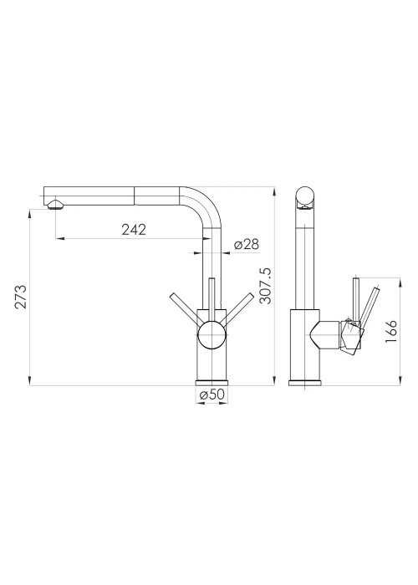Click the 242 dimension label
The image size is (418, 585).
(134, 230)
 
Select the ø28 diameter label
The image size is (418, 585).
(246, 244)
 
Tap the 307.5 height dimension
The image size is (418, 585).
(265, 286)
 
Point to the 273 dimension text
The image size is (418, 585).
(21, 297)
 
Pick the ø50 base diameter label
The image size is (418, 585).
(212, 394)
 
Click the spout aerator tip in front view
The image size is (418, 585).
(55, 205)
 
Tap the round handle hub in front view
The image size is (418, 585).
(212, 334)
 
